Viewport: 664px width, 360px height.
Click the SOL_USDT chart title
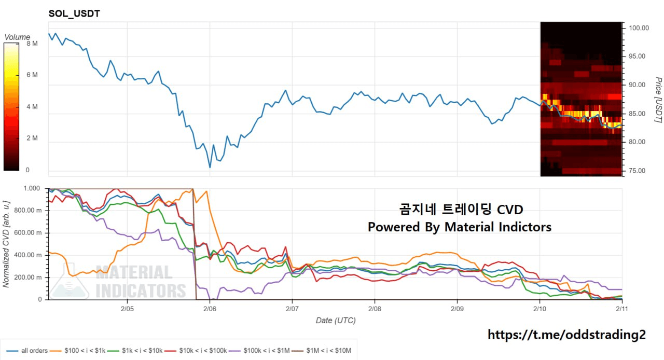point(74,14)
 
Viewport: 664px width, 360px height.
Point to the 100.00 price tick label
point(639,28)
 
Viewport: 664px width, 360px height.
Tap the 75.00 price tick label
point(639,171)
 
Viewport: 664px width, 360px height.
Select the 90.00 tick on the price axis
point(639,85)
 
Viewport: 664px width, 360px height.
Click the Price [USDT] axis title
point(658,100)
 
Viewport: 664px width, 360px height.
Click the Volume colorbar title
point(17,37)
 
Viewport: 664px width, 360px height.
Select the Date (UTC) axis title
point(336,321)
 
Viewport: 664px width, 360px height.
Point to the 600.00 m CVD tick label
point(27,232)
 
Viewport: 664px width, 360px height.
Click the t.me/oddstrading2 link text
point(566,335)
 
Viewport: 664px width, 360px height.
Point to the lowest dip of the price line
point(210,167)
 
